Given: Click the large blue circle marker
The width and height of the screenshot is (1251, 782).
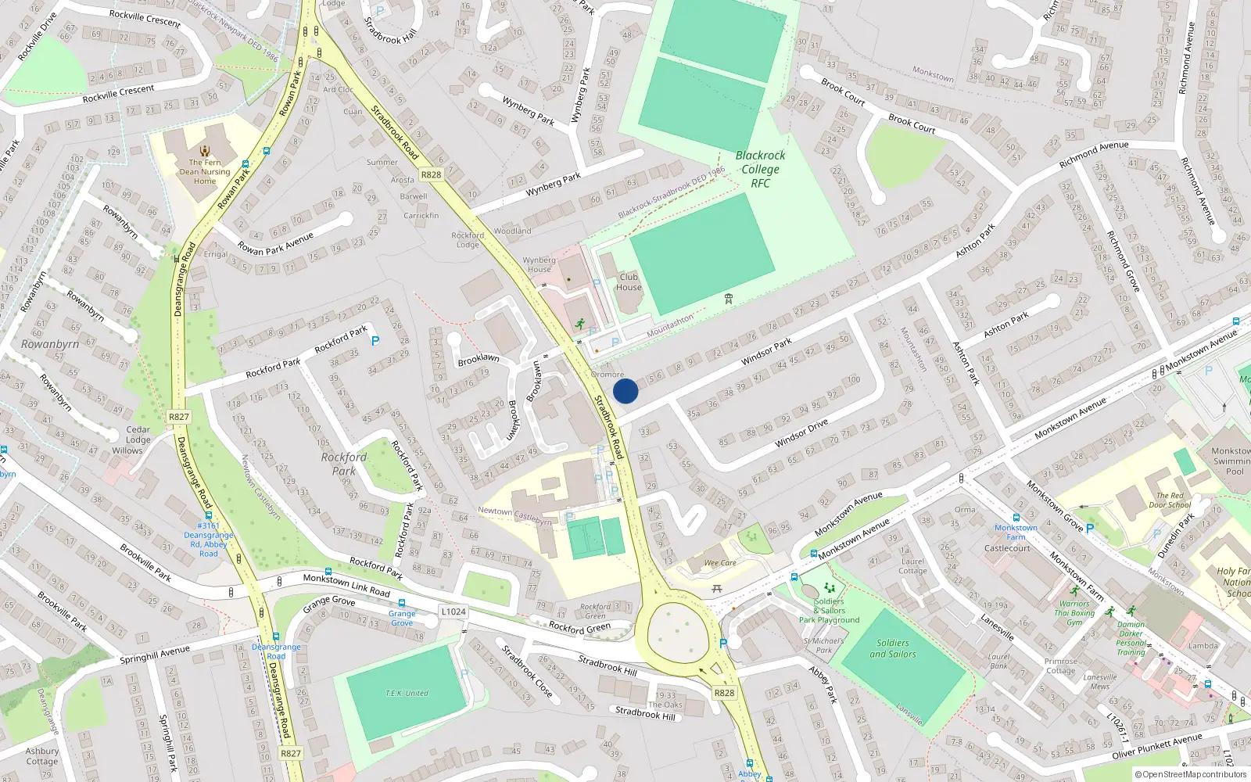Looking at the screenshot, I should [x=625, y=391].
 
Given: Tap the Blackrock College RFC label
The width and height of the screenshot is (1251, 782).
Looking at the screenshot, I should [x=760, y=169].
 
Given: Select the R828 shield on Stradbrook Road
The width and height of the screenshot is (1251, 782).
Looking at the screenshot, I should [x=431, y=174].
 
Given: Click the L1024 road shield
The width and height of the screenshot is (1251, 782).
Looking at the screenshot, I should [x=453, y=612].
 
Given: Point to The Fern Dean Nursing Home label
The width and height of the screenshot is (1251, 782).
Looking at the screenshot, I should [x=205, y=172].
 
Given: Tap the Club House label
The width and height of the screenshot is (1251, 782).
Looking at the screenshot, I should [x=629, y=282].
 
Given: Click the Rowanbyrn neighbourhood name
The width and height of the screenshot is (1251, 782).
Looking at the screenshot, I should [x=49, y=344].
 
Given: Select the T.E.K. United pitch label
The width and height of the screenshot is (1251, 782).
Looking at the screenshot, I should [x=407, y=693].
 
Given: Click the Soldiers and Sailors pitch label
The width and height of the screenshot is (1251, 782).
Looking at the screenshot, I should [x=893, y=648].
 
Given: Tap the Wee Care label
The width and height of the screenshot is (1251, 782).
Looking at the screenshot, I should [x=720, y=562].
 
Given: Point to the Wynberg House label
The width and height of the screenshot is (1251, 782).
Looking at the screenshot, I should [x=539, y=264].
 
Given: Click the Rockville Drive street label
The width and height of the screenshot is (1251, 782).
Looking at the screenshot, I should [x=37, y=36].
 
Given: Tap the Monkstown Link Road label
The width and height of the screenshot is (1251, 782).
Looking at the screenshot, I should [x=346, y=584].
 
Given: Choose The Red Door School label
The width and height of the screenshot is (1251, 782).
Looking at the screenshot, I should [x=1170, y=500].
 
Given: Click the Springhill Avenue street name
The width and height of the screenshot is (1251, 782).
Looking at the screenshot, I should [x=155, y=655].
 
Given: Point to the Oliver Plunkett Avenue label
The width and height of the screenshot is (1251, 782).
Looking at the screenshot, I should [x=1157, y=746].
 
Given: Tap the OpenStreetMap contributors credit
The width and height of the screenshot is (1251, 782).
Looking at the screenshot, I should [x=1191, y=774].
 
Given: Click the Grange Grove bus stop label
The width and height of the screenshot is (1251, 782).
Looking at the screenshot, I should [x=402, y=618].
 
